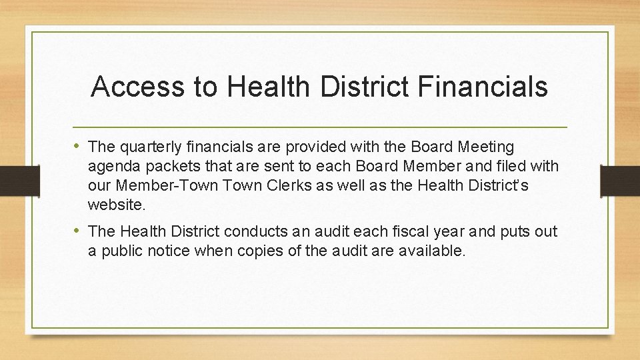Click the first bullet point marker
pos(79,146)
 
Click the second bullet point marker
pos(79,231)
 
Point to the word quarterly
pos(149,147)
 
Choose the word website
pos(115,203)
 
